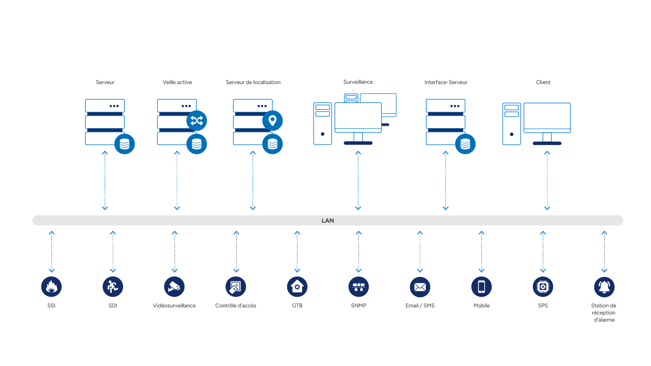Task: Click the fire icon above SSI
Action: pyautogui.click(x=51, y=287)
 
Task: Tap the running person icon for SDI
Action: pyautogui.click(x=113, y=287)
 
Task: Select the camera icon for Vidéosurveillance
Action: pyautogui.click(x=174, y=287)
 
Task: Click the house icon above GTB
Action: pyautogui.click(x=297, y=287)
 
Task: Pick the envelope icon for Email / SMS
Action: pyautogui.click(x=420, y=287)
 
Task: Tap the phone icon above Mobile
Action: pyautogui.click(x=481, y=287)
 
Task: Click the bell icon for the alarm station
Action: pyautogui.click(x=604, y=287)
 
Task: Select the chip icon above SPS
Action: pyautogui.click(x=543, y=287)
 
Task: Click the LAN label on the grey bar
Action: pyautogui.click(x=328, y=221)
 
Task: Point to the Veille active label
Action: pyautogui.click(x=177, y=82)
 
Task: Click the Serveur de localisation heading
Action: pyautogui.click(x=253, y=82)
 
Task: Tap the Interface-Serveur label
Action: pyautogui.click(x=446, y=82)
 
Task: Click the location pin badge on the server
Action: pyautogui.click(x=273, y=121)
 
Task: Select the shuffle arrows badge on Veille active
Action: pyautogui.click(x=197, y=121)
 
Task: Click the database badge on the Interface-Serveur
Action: pyautogui.click(x=465, y=144)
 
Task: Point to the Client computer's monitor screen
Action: pyautogui.click(x=547, y=116)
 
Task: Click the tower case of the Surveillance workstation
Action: pyautogui.click(x=322, y=123)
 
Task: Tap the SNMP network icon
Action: pyautogui.click(x=359, y=287)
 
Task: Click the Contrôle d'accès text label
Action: pyautogui.click(x=236, y=306)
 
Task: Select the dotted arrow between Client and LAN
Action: pyautogui.click(x=547, y=181)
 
